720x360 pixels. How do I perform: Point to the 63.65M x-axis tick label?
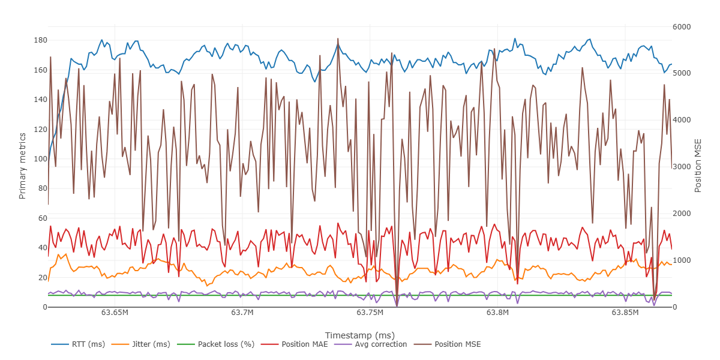point(115,313)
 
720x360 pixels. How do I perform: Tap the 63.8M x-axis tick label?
point(497,313)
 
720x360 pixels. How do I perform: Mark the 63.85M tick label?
point(625,313)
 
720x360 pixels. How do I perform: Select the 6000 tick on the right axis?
point(682,27)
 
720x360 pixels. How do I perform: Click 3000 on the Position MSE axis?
point(682,167)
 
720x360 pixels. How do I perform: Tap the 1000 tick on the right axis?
point(682,260)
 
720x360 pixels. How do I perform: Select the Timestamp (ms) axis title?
point(359,335)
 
